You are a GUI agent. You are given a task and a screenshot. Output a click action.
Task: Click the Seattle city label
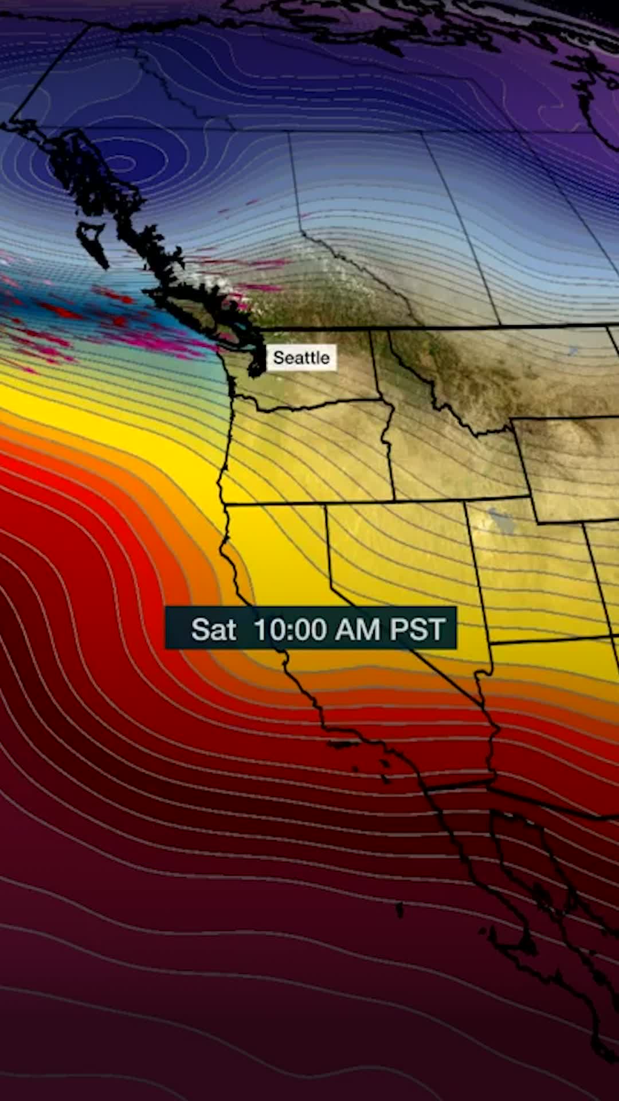[x=301, y=358]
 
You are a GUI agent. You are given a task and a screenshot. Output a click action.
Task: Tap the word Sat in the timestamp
[x=213, y=629]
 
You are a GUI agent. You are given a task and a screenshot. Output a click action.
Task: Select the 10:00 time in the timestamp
[x=289, y=629]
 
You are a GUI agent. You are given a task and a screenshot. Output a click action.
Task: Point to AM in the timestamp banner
[x=357, y=629]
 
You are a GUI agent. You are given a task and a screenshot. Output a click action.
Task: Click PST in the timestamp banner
[x=417, y=629]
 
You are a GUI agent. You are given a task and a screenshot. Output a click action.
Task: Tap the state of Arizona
[x=550, y=723]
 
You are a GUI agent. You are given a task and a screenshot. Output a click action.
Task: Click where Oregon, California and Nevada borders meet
[x=327, y=505]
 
